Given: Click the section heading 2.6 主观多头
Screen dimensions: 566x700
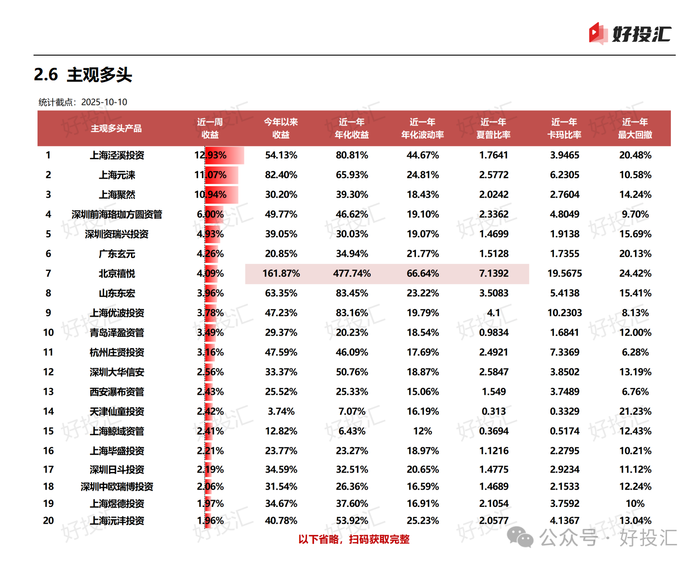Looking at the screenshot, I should [x=83, y=75].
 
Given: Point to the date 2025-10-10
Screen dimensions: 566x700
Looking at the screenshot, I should [x=104, y=102].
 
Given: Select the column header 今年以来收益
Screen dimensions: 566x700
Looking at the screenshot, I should [x=281, y=128].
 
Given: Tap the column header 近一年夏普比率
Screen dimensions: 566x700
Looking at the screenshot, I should [x=493, y=128].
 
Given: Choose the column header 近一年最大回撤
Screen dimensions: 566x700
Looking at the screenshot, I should [x=635, y=128].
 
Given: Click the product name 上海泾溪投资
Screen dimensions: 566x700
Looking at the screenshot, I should [x=117, y=155].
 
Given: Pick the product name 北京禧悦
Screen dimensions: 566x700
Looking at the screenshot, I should [x=117, y=274].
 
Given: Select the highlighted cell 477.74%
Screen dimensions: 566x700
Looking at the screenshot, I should [x=352, y=274].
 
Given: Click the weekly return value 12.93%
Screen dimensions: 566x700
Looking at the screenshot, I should [x=210, y=155].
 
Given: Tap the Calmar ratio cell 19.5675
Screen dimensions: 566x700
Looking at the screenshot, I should [x=564, y=274].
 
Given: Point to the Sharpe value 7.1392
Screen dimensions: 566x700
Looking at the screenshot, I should [x=494, y=274].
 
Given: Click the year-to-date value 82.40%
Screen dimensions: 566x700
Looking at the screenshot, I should [x=281, y=175].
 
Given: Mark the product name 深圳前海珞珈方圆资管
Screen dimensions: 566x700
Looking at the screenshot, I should [x=117, y=214].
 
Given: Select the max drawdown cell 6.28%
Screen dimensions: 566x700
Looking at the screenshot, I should [x=635, y=352].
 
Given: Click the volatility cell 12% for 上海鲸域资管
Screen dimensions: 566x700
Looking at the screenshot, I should [x=422, y=431].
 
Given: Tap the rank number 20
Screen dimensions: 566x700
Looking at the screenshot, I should [x=49, y=521].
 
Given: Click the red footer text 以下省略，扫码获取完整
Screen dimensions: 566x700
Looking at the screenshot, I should [x=354, y=539].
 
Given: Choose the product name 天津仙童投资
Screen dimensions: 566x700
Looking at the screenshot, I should [x=117, y=412].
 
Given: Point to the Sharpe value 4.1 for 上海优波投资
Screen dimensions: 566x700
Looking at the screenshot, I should [x=494, y=313].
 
